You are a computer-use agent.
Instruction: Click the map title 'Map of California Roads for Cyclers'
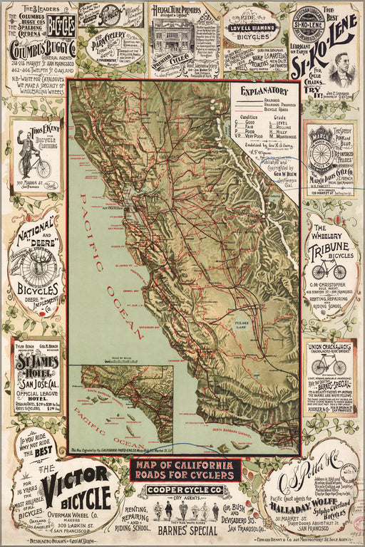pos(185,470)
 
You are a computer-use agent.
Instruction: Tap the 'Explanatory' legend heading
pos(263,92)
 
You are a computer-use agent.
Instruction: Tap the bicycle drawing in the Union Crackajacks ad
pos(328,364)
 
